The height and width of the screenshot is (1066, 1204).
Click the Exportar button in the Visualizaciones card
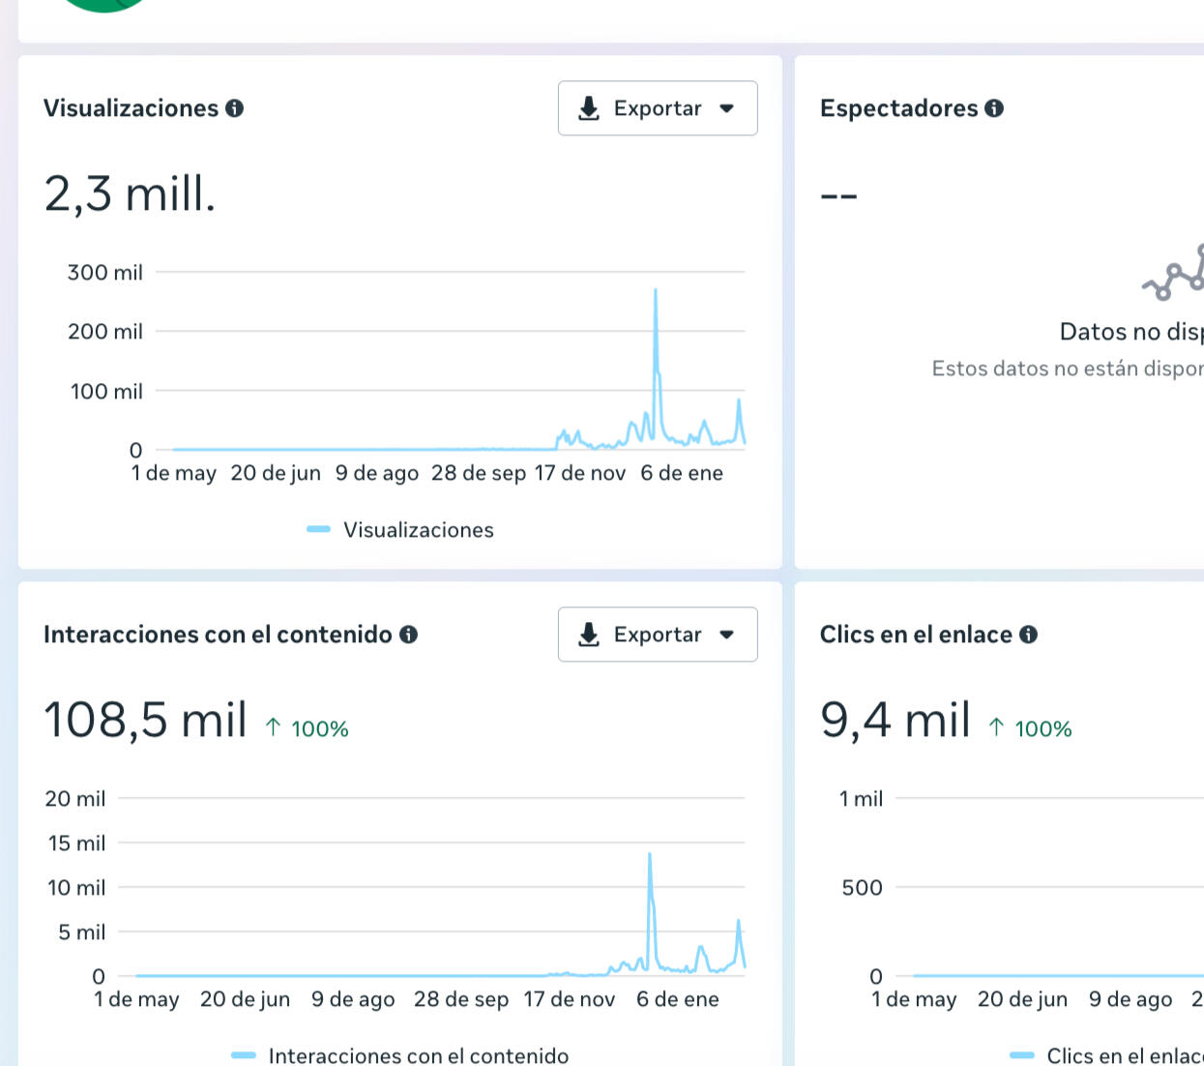[657, 108]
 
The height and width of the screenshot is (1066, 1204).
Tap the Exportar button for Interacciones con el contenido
[657, 635]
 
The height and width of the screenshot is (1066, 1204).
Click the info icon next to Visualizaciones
[234, 108]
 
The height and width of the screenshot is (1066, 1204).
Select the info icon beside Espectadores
[994, 108]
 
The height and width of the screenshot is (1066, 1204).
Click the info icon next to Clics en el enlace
[1028, 635]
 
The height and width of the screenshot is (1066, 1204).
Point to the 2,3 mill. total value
[130, 193]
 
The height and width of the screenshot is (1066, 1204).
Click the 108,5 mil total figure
[145, 720]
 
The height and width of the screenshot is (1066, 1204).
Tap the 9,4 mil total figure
[895, 720]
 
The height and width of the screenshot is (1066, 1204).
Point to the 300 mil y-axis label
[104, 273]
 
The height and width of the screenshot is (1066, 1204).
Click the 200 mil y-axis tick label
[104, 332]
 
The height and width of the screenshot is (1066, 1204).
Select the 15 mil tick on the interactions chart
[76, 844]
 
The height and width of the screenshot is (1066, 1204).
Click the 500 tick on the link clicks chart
[862, 888]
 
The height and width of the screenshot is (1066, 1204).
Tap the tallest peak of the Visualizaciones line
[656, 290]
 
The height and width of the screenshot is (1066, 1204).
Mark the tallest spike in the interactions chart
[650, 855]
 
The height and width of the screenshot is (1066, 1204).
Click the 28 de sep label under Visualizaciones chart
[479, 473]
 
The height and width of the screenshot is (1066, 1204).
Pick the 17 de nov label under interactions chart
[570, 999]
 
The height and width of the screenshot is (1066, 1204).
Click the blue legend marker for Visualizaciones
[318, 529]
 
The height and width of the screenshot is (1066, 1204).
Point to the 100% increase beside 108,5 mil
[308, 728]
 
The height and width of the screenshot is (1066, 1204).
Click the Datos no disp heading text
[1131, 332]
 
